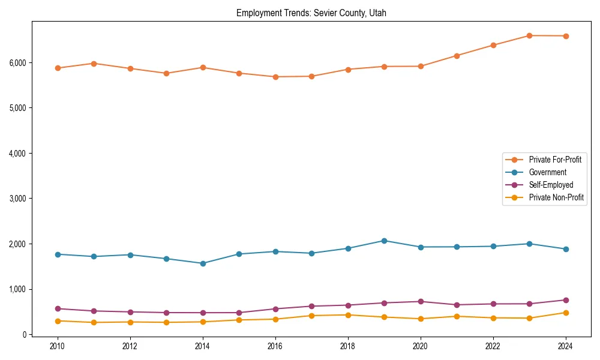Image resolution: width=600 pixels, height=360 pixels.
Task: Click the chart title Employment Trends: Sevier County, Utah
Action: [311, 13]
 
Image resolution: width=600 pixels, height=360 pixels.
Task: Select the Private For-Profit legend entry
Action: [555, 160]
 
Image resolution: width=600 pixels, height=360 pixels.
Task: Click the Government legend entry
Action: [547, 172]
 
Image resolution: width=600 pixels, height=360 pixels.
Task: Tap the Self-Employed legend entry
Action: [551, 185]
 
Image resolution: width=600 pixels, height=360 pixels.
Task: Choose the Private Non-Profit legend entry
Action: [556, 197]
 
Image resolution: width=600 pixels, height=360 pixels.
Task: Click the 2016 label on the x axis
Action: [275, 346]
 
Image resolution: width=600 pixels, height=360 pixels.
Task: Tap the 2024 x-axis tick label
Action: [565, 346]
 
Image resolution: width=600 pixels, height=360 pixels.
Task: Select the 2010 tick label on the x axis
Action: [58, 346]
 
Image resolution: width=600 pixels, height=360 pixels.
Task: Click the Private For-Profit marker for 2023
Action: [529, 35]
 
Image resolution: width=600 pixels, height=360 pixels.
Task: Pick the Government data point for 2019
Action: [384, 241]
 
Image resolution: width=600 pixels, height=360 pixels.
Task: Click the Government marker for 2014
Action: [203, 263]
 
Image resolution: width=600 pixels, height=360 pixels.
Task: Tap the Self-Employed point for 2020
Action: [421, 302]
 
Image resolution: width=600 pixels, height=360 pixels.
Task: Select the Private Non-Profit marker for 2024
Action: [565, 313]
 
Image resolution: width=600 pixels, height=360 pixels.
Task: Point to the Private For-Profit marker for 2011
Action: [94, 64]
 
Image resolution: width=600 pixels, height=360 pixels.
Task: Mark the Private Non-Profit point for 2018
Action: [348, 315]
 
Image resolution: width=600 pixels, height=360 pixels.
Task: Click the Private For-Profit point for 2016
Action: [275, 77]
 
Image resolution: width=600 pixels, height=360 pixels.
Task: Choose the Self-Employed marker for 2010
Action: [58, 308]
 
